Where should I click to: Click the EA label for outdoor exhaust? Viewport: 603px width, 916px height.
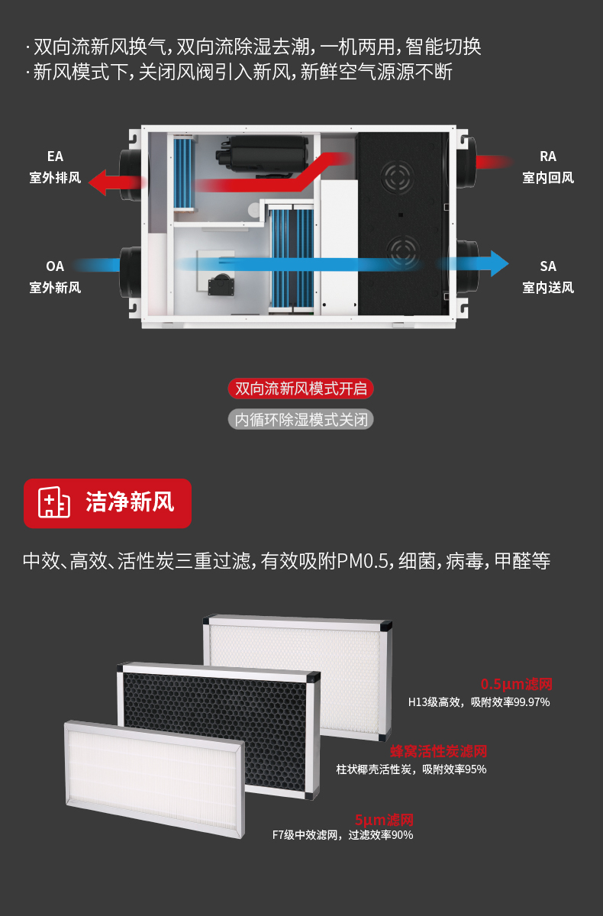(55, 156)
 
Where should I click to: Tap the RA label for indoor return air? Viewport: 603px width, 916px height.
(547, 156)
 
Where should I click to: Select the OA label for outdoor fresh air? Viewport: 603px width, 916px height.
(55, 266)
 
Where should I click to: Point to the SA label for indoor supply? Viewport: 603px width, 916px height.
(547, 266)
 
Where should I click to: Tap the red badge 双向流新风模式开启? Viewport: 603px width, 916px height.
(301, 389)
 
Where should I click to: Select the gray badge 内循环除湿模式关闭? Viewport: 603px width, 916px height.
(301, 419)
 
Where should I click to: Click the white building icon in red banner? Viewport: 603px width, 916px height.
(54, 502)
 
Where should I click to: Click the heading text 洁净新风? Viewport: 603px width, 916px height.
(130, 502)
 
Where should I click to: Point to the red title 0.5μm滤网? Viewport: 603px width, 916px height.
(516, 684)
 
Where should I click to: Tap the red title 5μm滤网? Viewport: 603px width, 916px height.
(384, 820)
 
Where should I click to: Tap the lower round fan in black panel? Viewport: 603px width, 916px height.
(402, 250)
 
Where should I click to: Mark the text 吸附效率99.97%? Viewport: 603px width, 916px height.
(510, 702)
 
